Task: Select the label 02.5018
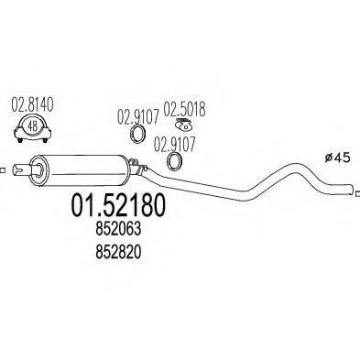tap(184, 109)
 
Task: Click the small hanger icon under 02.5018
tap(182, 127)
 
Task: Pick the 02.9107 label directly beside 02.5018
tap(137, 116)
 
